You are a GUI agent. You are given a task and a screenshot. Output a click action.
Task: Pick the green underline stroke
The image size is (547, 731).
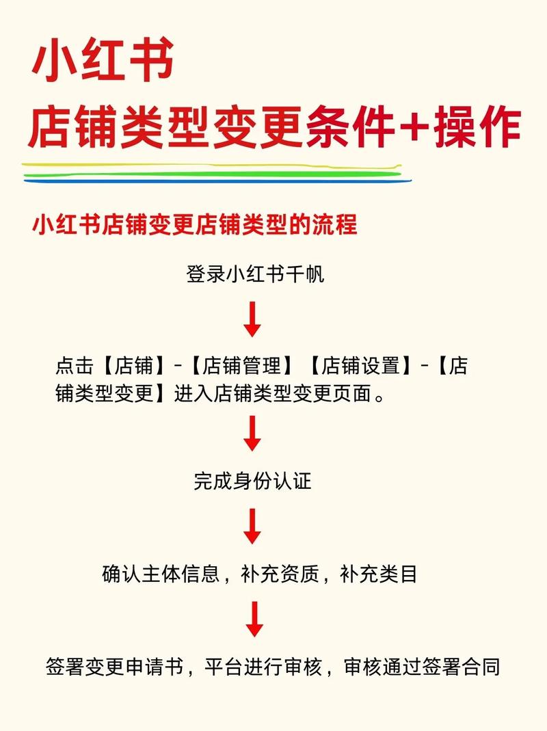click(212, 174)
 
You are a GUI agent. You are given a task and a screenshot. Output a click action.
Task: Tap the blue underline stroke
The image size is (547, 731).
click(219, 182)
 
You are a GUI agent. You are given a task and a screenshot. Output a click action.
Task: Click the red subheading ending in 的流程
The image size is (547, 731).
click(195, 224)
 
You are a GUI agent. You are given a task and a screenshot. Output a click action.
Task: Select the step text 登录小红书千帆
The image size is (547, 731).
click(254, 275)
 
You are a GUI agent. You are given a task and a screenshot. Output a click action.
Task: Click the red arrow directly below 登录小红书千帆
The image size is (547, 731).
click(253, 319)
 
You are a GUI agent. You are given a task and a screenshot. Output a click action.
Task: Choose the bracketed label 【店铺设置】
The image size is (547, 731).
click(360, 367)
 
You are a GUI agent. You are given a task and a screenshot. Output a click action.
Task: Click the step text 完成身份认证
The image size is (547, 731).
click(252, 481)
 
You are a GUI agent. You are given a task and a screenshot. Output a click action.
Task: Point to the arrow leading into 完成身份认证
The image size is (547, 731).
click(253, 434)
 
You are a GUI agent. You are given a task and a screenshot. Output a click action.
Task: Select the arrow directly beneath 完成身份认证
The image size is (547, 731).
click(253, 526)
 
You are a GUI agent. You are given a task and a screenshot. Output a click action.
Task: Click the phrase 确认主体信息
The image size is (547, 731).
click(161, 574)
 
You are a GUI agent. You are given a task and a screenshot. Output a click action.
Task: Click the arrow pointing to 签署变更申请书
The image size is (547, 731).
click(254, 619)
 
